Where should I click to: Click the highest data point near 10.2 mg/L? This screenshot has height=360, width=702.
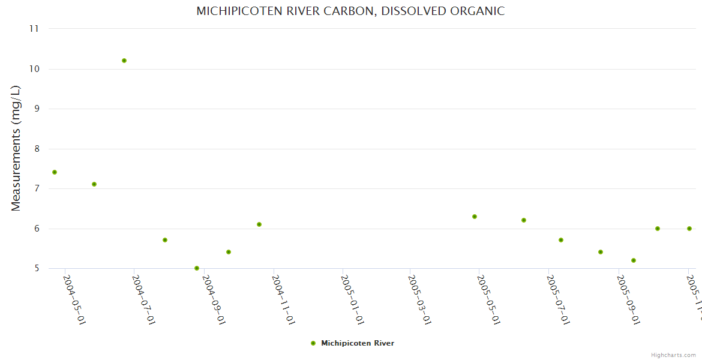click(x=124, y=61)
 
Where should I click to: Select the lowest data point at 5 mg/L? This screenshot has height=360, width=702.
click(x=197, y=268)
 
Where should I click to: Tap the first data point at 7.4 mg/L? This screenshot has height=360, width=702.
click(x=55, y=172)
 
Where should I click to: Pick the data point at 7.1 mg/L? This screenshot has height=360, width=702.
click(x=94, y=184)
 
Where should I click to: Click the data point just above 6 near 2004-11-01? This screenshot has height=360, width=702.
click(x=259, y=224)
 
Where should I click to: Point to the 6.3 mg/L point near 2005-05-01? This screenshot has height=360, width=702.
click(x=475, y=217)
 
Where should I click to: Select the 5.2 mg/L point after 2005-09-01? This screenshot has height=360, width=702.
click(x=634, y=260)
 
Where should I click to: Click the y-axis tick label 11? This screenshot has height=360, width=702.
click(x=34, y=29)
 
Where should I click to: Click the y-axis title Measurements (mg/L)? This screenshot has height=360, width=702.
click(x=16, y=148)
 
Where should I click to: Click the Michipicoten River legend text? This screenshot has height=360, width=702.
click(x=358, y=343)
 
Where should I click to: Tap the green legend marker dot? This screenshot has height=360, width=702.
click(x=313, y=343)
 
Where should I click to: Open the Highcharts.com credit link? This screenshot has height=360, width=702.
click(x=673, y=355)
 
